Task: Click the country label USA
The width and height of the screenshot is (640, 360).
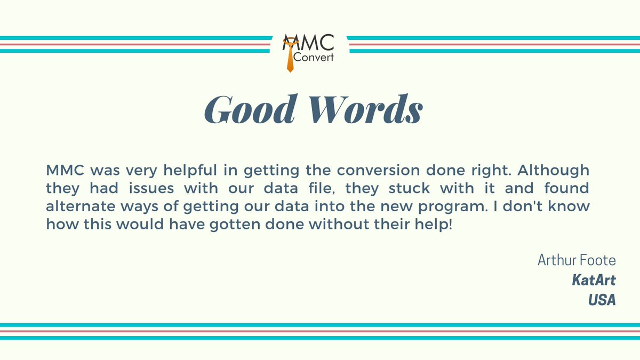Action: coord(602,300)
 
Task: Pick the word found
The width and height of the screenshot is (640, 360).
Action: coord(567,188)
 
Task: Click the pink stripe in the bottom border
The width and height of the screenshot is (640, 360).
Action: coord(320,331)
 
